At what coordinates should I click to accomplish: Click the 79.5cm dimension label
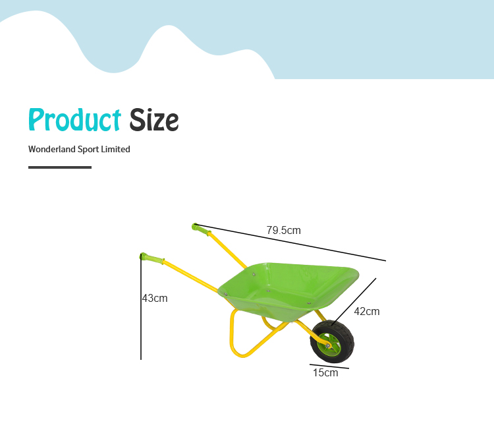[x=283, y=230]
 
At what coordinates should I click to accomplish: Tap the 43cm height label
[x=155, y=298]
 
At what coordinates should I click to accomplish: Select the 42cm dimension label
[x=367, y=312]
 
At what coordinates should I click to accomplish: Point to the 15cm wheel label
[x=325, y=372]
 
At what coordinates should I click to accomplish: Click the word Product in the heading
[x=74, y=119]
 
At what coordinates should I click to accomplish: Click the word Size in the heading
[x=154, y=119]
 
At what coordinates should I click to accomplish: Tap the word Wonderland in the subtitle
[x=52, y=149]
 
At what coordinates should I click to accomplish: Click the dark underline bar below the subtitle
[x=60, y=167]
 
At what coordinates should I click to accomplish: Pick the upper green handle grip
[x=202, y=229]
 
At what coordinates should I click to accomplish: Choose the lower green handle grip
[x=152, y=258]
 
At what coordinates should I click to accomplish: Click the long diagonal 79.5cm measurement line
[x=290, y=243]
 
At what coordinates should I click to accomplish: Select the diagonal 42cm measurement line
[x=354, y=302]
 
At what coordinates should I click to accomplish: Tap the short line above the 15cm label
[x=329, y=366]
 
